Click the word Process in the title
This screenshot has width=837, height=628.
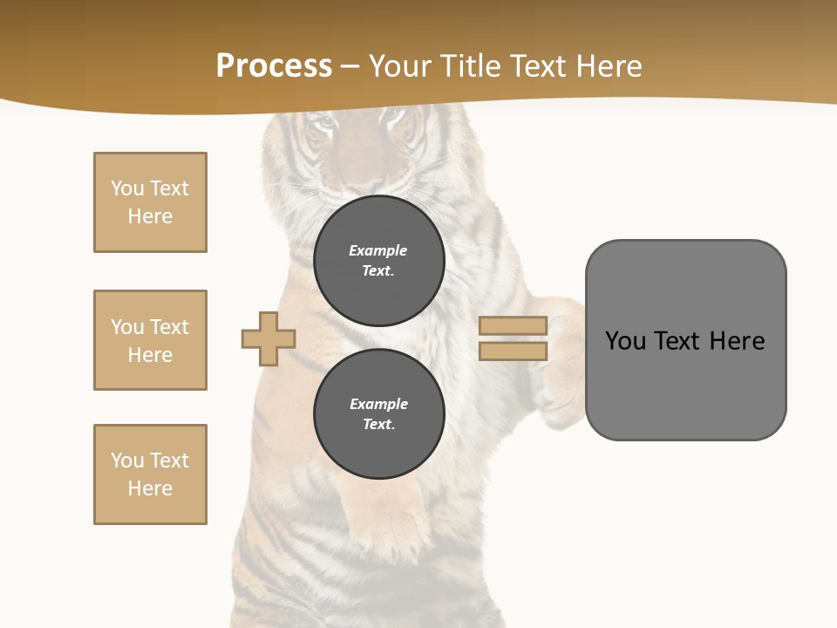click(x=274, y=66)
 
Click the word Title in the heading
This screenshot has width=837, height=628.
click(x=472, y=66)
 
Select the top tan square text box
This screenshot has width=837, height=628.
click(x=150, y=202)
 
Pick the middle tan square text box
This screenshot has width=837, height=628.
click(x=150, y=340)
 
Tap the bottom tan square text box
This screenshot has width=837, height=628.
click(x=150, y=474)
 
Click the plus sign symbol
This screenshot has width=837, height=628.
click(x=269, y=338)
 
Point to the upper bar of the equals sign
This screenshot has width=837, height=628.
click(x=513, y=325)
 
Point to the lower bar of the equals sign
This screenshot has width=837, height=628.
click(x=513, y=352)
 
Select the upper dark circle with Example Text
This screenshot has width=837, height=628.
click(x=378, y=260)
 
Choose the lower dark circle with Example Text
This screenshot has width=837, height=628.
click(x=378, y=413)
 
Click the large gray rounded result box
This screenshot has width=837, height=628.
click(x=685, y=384)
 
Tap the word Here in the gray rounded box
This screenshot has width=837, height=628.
click(x=737, y=341)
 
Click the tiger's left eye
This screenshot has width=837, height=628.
click(x=324, y=123)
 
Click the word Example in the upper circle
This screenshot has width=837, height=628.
click(x=378, y=250)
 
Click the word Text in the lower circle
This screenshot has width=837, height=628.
click(x=378, y=424)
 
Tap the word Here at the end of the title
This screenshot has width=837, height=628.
click(x=609, y=66)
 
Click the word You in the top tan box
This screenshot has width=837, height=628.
click(x=127, y=188)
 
